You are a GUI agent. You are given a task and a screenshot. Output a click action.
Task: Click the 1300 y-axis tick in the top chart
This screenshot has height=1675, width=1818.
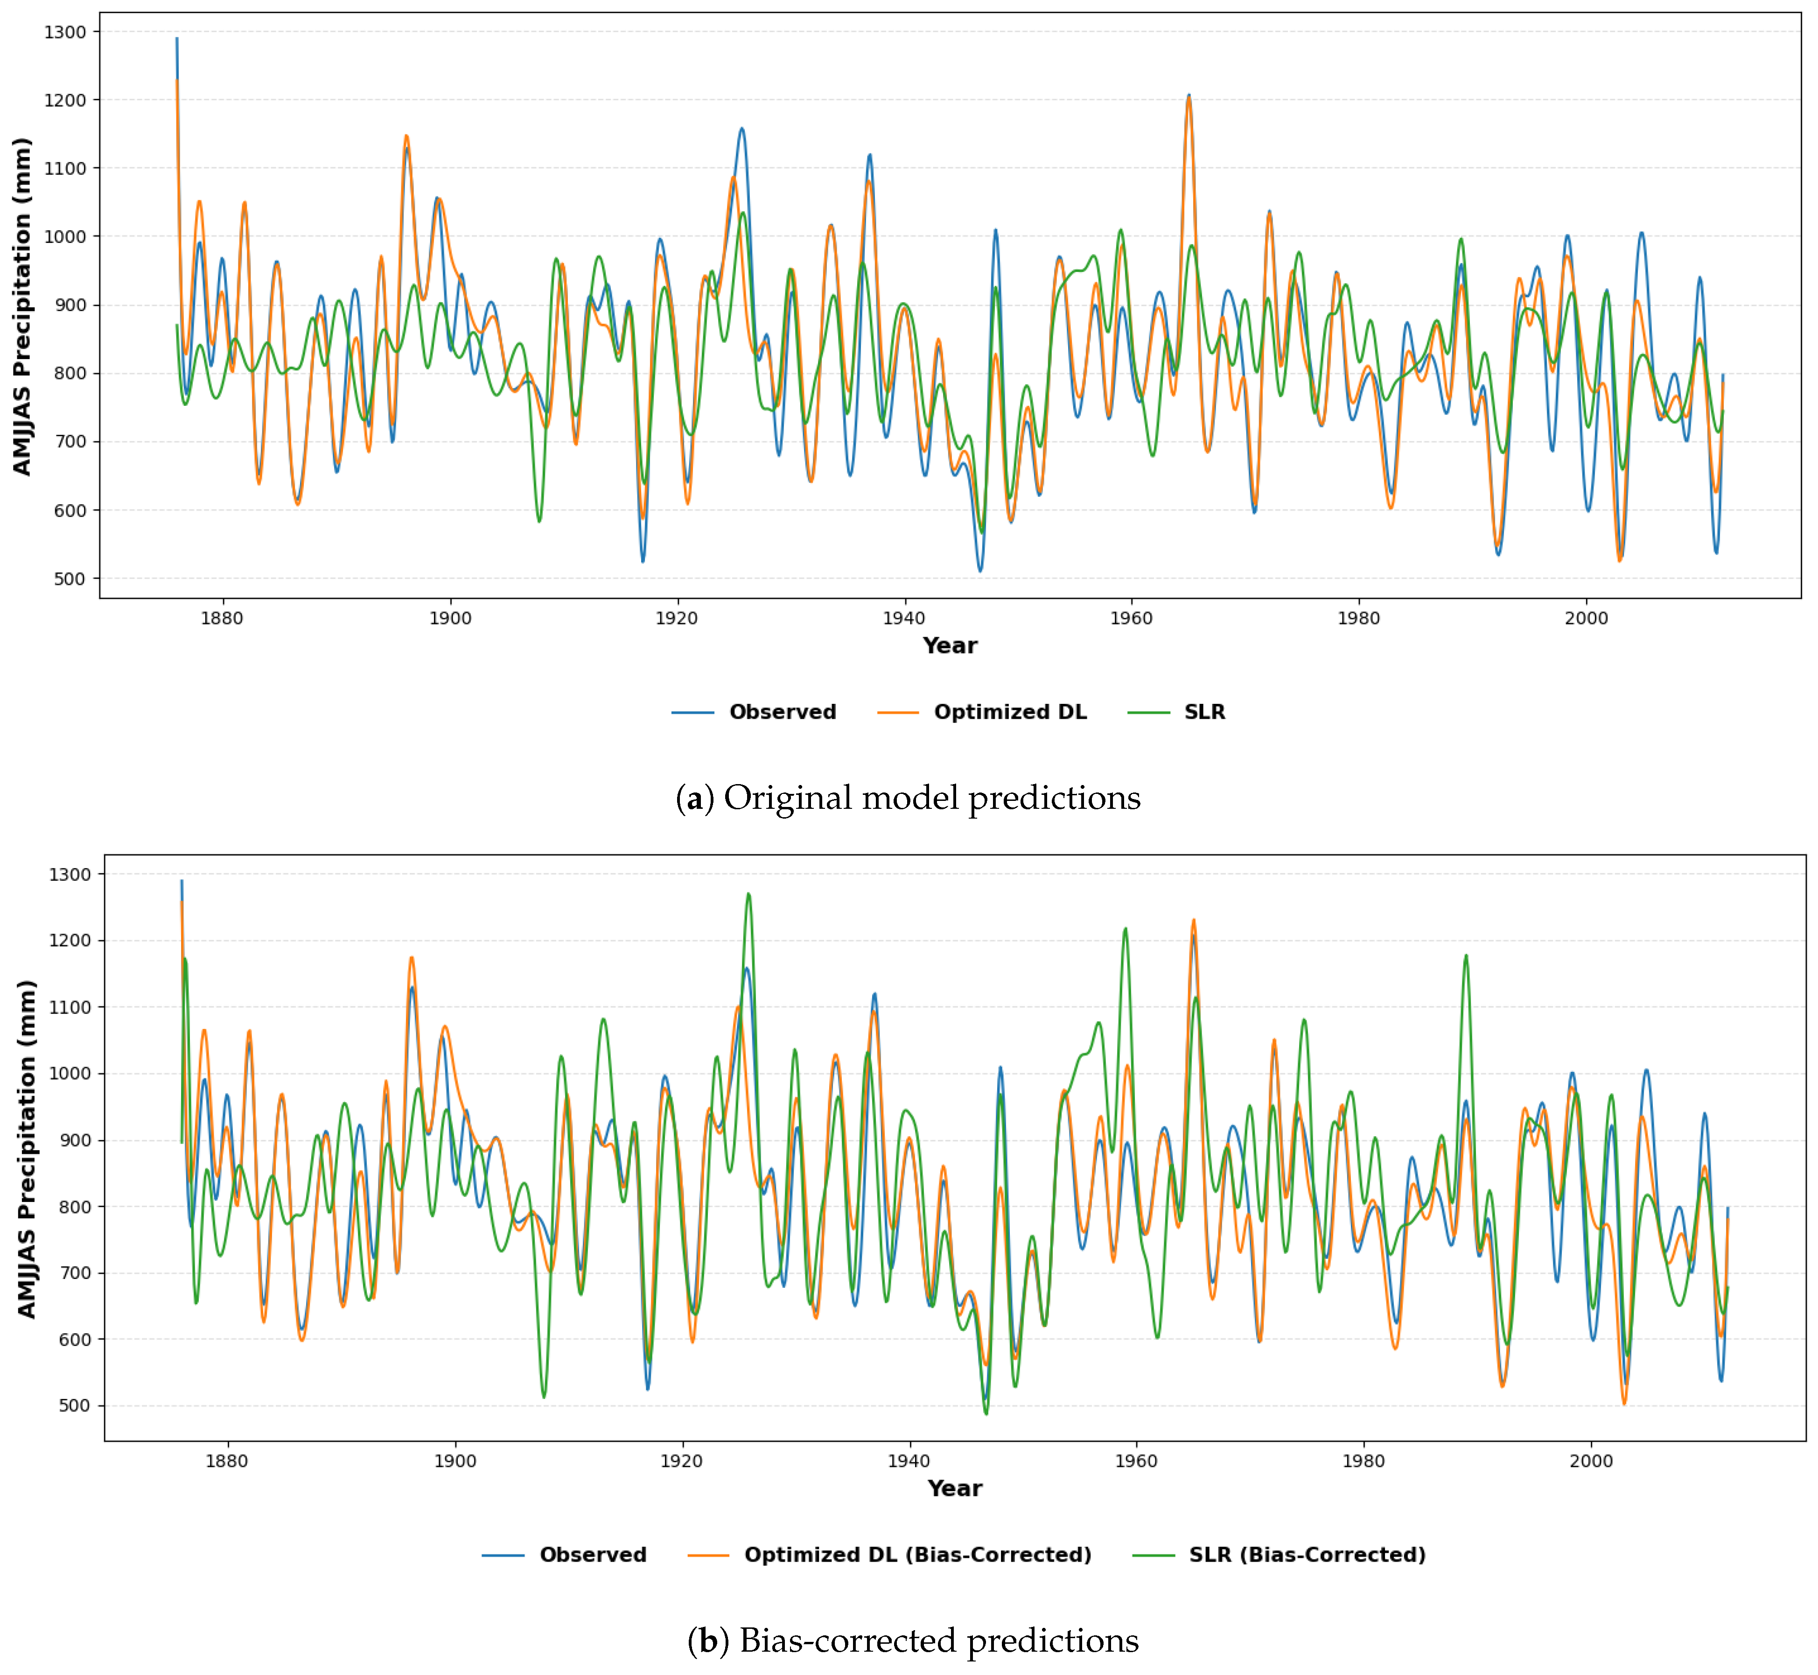[x=65, y=32]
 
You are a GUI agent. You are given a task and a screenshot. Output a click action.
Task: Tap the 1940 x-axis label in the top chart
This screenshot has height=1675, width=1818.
[x=904, y=618]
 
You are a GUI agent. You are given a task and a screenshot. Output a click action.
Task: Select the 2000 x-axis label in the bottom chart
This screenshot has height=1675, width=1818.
[x=1591, y=1461]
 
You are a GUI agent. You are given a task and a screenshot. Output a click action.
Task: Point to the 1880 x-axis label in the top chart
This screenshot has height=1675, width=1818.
[x=222, y=618]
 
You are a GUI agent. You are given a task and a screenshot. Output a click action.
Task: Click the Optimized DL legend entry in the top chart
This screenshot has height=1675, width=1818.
[x=1009, y=712]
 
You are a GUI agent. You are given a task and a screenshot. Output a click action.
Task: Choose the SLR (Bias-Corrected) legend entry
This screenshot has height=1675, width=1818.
[x=1307, y=1555]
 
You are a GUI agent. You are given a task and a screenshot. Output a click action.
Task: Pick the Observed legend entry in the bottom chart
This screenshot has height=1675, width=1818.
[x=592, y=1555]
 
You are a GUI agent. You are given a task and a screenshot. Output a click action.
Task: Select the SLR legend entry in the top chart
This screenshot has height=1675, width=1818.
[x=1204, y=712]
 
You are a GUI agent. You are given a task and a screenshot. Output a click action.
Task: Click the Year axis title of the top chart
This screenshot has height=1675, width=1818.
[x=949, y=646]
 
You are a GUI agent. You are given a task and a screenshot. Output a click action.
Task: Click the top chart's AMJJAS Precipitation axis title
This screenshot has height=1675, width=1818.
[x=23, y=306]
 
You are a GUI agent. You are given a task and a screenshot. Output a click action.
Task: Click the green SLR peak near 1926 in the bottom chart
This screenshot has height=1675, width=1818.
[x=748, y=895]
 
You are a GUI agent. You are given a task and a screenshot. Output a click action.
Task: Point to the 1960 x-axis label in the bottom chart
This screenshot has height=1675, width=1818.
[x=1136, y=1461]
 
